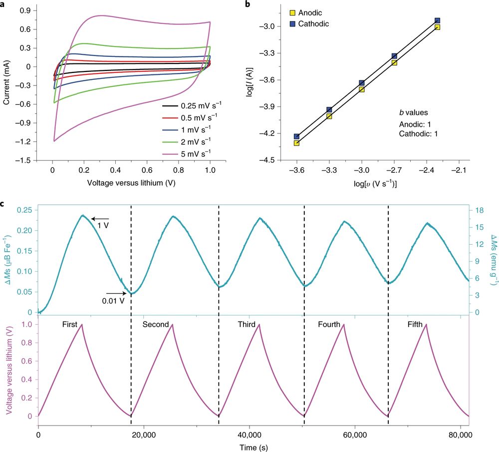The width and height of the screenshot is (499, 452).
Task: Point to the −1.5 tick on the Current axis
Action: [37, 160]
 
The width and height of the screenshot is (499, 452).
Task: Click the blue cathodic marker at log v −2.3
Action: [438, 21]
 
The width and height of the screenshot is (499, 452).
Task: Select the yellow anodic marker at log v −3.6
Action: [297, 143]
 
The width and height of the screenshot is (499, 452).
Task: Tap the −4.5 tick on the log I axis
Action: [275, 160]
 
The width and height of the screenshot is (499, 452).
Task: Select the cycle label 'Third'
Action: [247, 325]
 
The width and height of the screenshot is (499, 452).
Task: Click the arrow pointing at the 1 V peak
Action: [100, 218]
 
